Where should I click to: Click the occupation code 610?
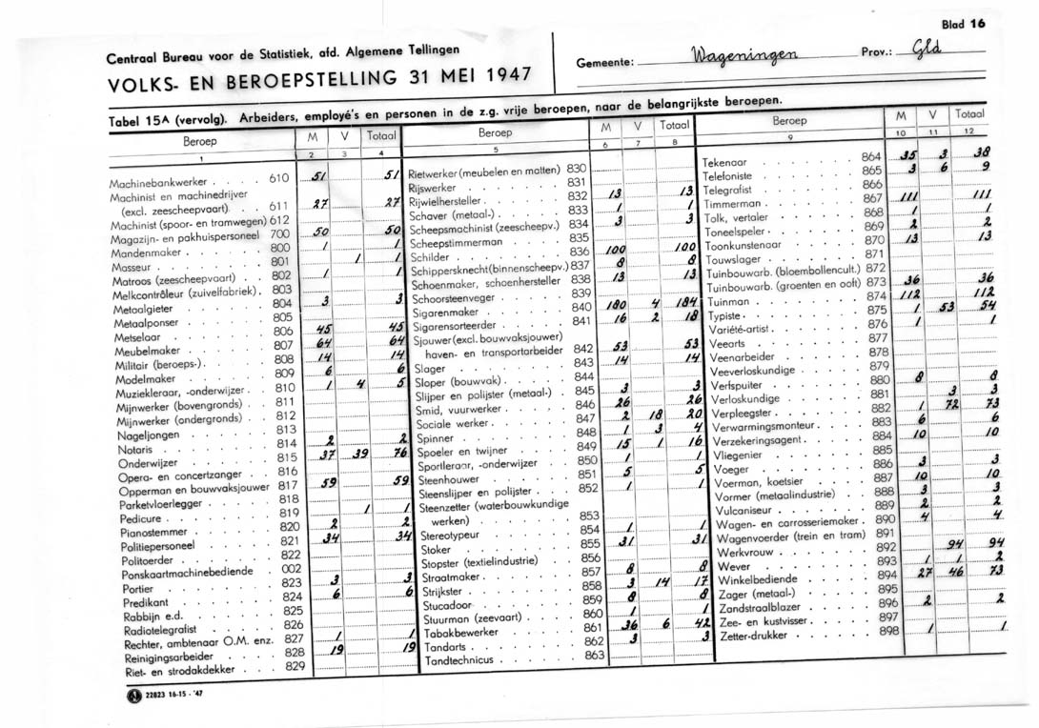pos(278,177)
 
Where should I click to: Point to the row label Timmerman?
pos(735,204)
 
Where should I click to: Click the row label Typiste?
pos(728,313)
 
